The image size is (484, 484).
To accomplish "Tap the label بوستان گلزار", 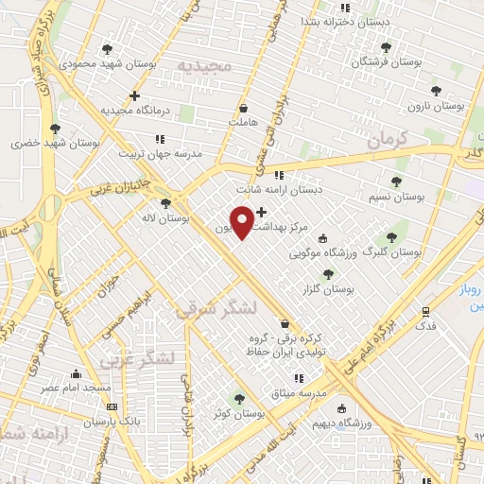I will (x=328, y=290).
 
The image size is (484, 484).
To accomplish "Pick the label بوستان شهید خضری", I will (x=33, y=144).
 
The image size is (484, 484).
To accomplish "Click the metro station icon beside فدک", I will (x=426, y=310).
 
